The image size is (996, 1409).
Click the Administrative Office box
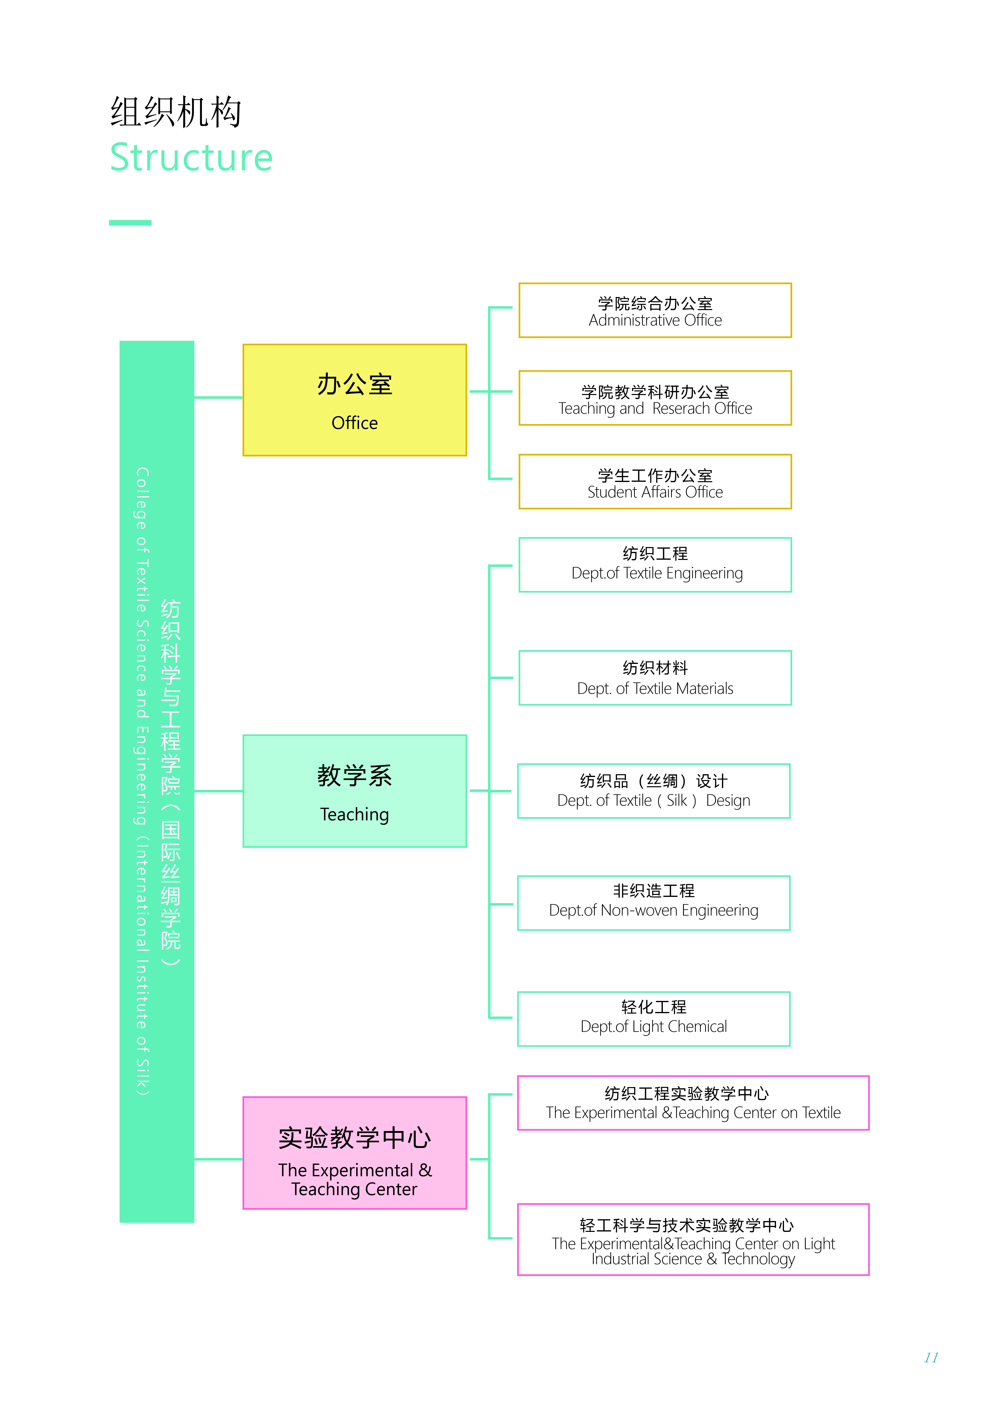click(655, 310)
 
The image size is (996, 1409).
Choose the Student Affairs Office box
click(655, 482)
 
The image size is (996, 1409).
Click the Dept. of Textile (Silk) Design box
click(653, 791)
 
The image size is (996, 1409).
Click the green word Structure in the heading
click(191, 158)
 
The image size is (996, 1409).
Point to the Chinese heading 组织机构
click(176, 112)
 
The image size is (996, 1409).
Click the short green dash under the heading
click(130, 223)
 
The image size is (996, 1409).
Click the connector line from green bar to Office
click(218, 398)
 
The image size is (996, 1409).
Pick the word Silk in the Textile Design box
click(677, 801)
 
